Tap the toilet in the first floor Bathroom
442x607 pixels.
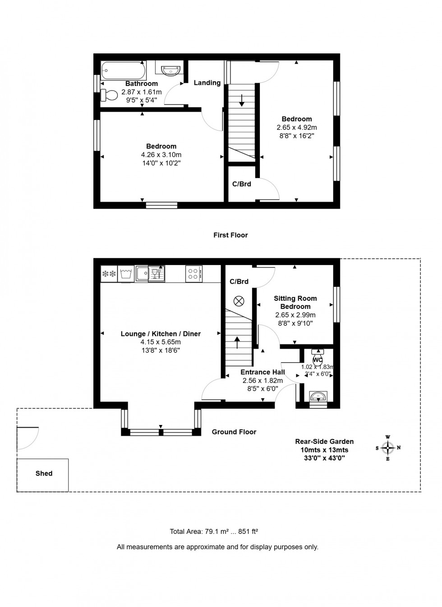coord(109,95)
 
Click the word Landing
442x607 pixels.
coord(207,83)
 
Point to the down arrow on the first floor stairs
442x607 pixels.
coord(242,100)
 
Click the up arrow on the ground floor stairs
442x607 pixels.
coord(238,342)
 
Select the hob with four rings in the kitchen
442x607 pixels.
coord(194,273)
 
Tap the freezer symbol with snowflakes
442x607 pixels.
coord(109,274)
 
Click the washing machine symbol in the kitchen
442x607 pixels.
coord(126,274)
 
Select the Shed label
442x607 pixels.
coord(44,473)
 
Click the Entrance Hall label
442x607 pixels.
coord(262,372)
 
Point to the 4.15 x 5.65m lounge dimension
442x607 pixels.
coord(161,342)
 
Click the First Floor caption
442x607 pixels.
coord(230,235)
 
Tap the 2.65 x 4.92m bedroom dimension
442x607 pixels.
coord(296,127)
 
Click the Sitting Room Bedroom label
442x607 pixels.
coord(295,302)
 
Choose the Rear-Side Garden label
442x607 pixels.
coord(324,441)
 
